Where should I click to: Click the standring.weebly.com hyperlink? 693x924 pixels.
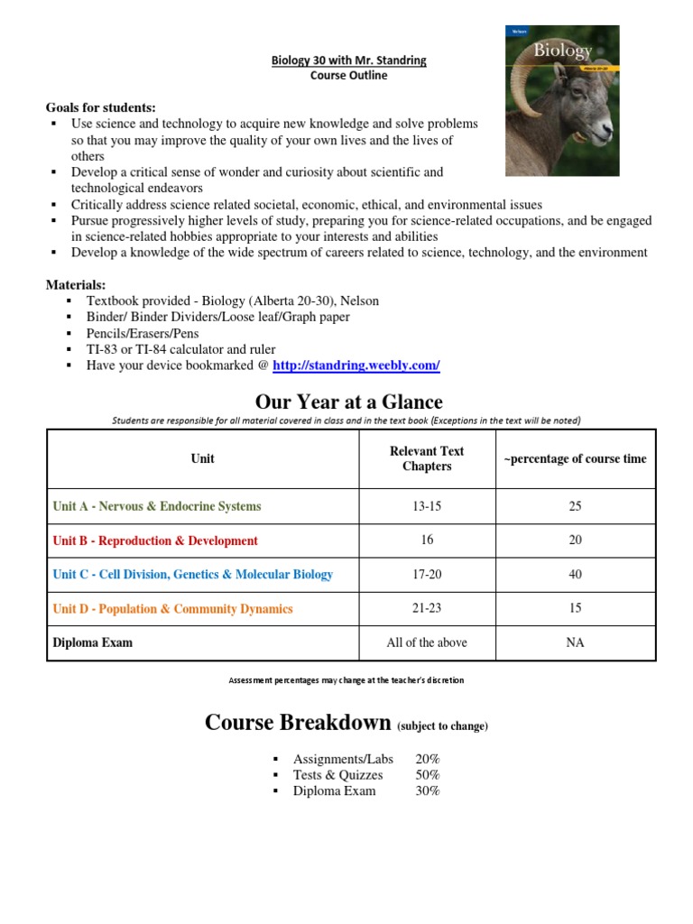[356, 365]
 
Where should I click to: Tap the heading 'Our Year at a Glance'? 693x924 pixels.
[348, 401]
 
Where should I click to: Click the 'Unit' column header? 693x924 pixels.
[202, 458]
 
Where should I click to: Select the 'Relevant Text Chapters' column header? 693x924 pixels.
[427, 458]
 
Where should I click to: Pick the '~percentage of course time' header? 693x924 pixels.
[575, 458]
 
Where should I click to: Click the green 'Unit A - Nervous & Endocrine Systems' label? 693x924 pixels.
[157, 506]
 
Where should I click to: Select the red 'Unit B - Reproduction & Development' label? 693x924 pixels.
[155, 541]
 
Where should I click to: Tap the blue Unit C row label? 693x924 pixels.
[192, 575]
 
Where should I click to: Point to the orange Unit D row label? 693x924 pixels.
[172, 609]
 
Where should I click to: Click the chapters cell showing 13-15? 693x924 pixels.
[427, 506]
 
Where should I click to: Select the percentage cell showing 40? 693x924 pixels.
[575, 575]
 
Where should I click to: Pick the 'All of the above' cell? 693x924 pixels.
[427, 642]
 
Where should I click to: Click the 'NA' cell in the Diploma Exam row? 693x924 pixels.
[575, 642]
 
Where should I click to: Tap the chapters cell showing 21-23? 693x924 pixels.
[427, 609]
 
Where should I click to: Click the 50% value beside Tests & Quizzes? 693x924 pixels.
[427, 775]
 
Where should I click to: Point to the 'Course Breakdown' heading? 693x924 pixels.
[298, 723]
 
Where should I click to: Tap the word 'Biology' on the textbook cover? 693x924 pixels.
[562, 51]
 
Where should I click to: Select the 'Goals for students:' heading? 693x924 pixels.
[100, 107]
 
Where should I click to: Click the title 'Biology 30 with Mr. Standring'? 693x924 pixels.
[348, 60]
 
